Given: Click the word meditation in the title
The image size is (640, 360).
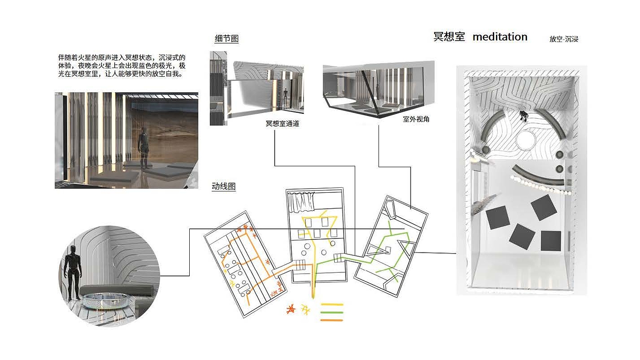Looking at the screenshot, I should point(500,37).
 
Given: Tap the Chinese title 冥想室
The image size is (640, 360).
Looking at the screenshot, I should point(449,37).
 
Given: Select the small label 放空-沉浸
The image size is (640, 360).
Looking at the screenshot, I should point(564,39).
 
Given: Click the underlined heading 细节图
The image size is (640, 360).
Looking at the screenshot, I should point(226,39).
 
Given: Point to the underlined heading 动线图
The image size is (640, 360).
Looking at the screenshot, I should point(224,186).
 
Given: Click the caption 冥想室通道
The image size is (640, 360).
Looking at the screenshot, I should point(282,124).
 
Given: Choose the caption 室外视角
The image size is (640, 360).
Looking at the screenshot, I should point(416,119).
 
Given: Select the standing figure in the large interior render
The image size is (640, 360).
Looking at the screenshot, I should point(144,148).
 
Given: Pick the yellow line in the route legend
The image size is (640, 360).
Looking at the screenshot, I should point(332,305).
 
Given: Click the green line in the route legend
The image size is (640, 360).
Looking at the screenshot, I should point(332,312).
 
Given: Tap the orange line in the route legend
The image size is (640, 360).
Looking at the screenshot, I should point(332,320).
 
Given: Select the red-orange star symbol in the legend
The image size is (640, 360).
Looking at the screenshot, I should point(290,310).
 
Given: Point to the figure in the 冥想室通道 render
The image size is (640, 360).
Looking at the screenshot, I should point(285,97).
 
